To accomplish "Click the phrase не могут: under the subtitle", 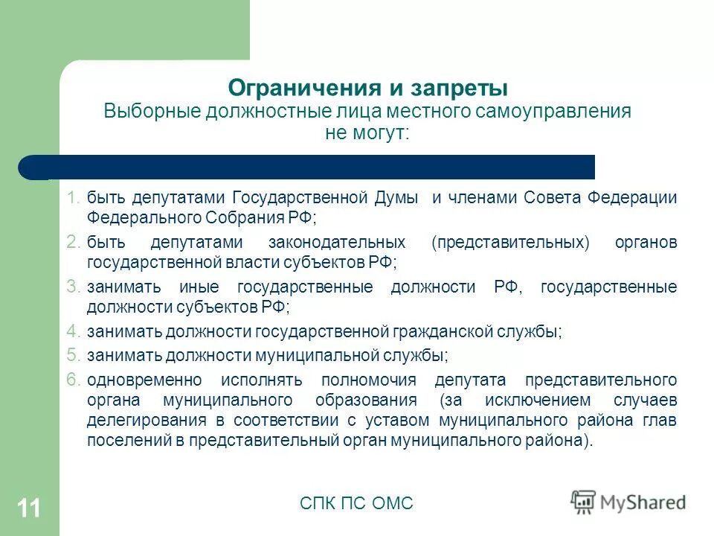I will (367, 133).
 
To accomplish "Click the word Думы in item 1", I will (399, 198).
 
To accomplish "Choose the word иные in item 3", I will (196, 287).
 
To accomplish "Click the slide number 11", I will (29, 508).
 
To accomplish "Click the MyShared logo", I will (628, 502).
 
